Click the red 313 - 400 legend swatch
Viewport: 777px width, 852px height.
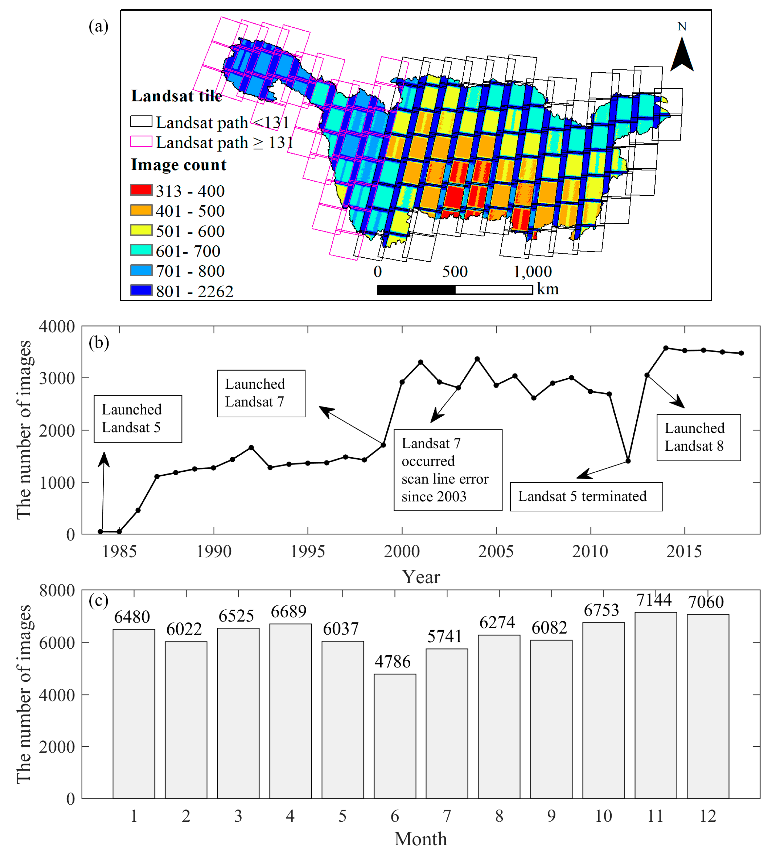[x=141, y=190]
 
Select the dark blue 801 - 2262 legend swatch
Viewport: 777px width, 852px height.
[x=141, y=290]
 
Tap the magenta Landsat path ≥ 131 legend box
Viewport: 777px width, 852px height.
[x=141, y=141]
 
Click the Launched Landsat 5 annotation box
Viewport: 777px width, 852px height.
[x=138, y=419]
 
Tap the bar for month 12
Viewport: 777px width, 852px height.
[x=708, y=706]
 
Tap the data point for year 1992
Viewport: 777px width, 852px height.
[x=251, y=447]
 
